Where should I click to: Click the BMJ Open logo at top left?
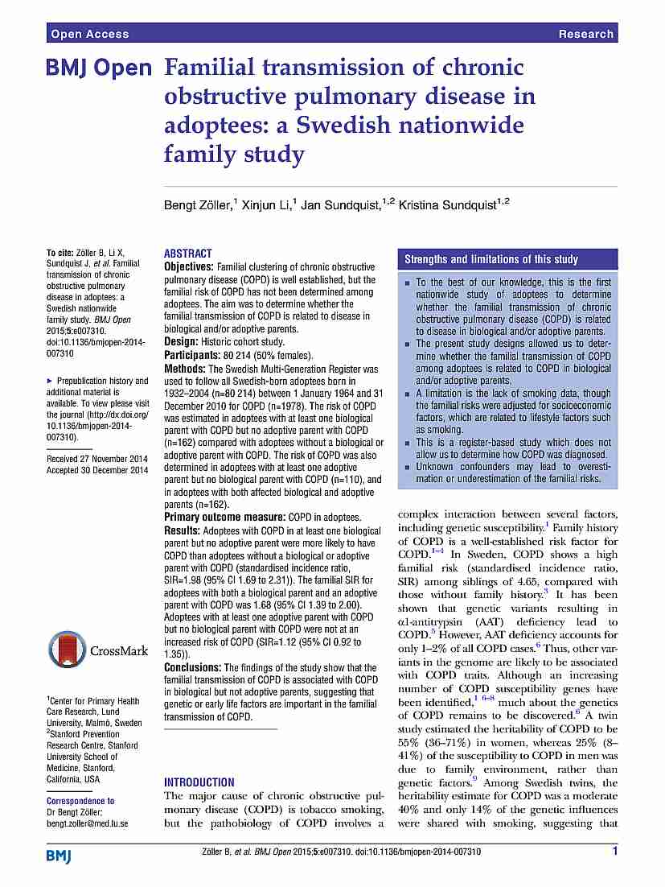pyautogui.click(x=99, y=68)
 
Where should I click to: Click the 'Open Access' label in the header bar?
pyautogui.click(x=89, y=34)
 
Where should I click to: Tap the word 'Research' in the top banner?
pyautogui.click(x=585, y=34)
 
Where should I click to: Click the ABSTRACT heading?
pyautogui.click(x=188, y=253)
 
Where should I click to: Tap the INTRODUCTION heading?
pyautogui.click(x=199, y=782)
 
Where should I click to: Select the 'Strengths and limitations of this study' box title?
pyautogui.click(x=491, y=259)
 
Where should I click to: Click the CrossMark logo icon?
pyautogui.click(x=67, y=650)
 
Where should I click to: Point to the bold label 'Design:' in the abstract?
pyautogui.click(x=183, y=342)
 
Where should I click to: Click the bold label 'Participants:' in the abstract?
pyautogui.click(x=192, y=355)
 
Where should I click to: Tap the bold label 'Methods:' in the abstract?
pyautogui.click(x=186, y=368)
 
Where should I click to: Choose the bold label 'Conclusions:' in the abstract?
pyautogui.click(x=193, y=667)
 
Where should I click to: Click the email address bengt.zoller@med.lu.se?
pyautogui.click(x=87, y=824)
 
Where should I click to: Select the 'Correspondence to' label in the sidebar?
pyautogui.click(x=80, y=801)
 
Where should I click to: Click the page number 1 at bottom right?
pyautogui.click(x=614, y=851)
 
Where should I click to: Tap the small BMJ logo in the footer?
pyautogui.click(x=59, y=855)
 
